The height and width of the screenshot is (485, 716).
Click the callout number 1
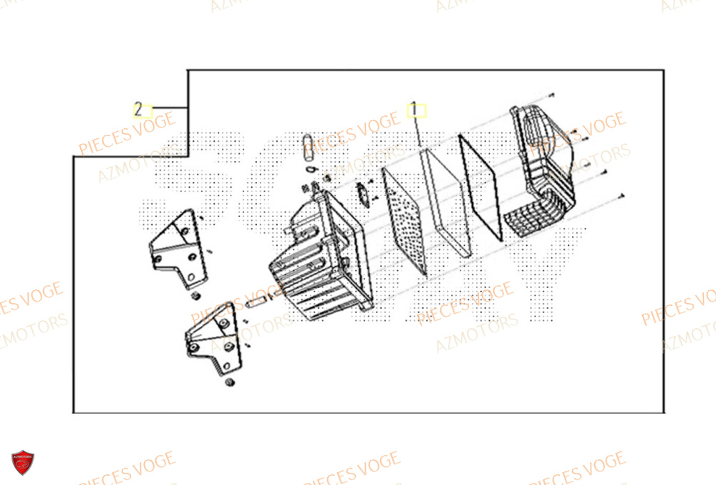(413, 110)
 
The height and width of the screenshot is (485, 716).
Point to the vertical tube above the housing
(309, 147)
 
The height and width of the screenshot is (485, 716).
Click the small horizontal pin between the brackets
(256, 302)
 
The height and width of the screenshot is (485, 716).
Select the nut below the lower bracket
(231, 383)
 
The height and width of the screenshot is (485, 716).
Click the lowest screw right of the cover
(622, 194)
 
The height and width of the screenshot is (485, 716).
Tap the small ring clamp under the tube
(309, 169)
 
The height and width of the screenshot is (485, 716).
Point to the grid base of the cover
(533, 218)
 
